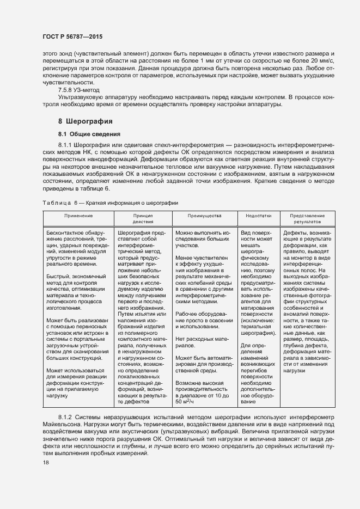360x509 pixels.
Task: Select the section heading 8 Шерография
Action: pos(86,121)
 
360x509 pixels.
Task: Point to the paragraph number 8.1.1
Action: pos(64,146)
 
